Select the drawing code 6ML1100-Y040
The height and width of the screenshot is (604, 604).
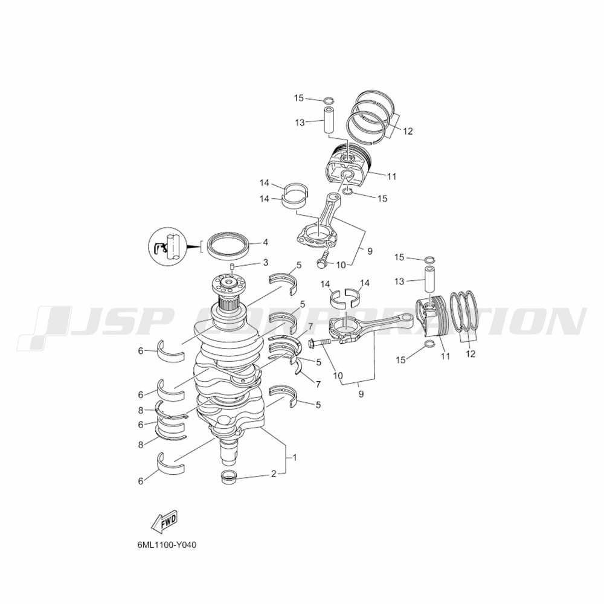pos(167,545)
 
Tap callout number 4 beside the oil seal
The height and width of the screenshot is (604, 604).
pos(265,243)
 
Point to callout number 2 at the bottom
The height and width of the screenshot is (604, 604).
pos(274,474)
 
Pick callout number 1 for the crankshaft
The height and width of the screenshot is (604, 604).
pos(295,458)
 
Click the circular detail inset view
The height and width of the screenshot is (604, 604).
pos(167,246)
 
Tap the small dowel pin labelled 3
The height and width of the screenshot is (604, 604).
pos(233,267)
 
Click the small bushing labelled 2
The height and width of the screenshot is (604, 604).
pos(228,477)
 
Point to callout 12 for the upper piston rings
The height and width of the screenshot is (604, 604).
pos(408,131)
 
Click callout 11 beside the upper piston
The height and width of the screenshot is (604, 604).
pos(392,177)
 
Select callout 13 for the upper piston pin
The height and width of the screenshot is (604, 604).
pos(300,123)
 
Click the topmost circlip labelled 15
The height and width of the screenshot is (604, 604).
pos(328,101)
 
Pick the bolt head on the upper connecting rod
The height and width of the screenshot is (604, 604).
pos(321,263)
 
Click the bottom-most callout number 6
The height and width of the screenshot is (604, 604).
pos(141,481)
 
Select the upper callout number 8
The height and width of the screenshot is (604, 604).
pos(141,411)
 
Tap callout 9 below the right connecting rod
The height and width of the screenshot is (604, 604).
pos(361,394)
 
